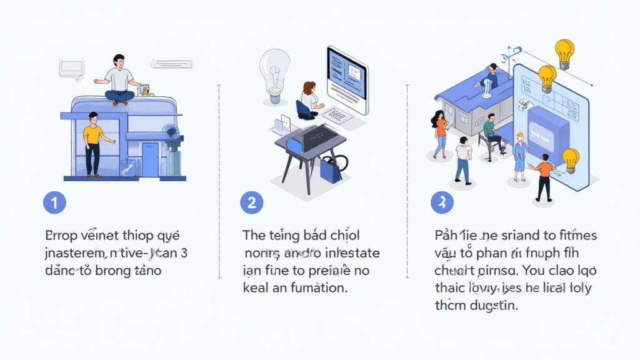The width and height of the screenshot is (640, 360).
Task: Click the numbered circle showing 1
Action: [x=54, y=202]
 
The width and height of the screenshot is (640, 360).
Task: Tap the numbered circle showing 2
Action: [x=251, y=202]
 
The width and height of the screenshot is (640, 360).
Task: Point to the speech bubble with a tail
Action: [x=71, y=67]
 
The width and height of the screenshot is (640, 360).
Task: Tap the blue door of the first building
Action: [x=150, y=159]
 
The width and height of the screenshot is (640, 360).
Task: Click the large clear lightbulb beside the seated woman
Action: [x=274, y=74]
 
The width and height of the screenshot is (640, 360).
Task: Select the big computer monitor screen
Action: [x=347, y=79]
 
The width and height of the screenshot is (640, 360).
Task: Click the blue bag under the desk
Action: [x=330, y=169]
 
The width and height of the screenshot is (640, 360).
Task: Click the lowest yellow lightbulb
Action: [x=570, y=159]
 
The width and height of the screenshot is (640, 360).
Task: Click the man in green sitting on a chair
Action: [x=491, y=132]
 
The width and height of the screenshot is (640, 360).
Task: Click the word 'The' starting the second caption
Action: [x=254, y=236]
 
